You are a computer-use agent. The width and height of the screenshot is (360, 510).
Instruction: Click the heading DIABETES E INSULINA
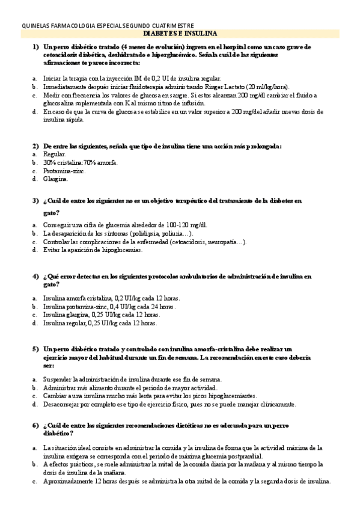tap(180, 34)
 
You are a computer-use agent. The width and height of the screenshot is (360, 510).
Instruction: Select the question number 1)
tap(35, 46)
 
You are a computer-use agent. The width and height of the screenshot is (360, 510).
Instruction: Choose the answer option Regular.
tap(55, 155)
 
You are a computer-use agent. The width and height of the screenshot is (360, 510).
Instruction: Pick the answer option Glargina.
tap(55, 179)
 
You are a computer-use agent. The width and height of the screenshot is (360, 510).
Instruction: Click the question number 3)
tap(35, 200)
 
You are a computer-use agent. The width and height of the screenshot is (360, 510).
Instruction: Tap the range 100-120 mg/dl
tap(180, 225)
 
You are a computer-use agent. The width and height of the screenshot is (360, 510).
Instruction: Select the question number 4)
tap(35, 276)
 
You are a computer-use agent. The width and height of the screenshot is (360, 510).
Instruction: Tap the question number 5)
tap(35, 349)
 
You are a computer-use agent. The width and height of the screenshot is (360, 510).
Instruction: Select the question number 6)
tap(35, 426)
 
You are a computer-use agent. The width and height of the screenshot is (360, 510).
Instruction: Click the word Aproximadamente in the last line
tap(72, 481)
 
